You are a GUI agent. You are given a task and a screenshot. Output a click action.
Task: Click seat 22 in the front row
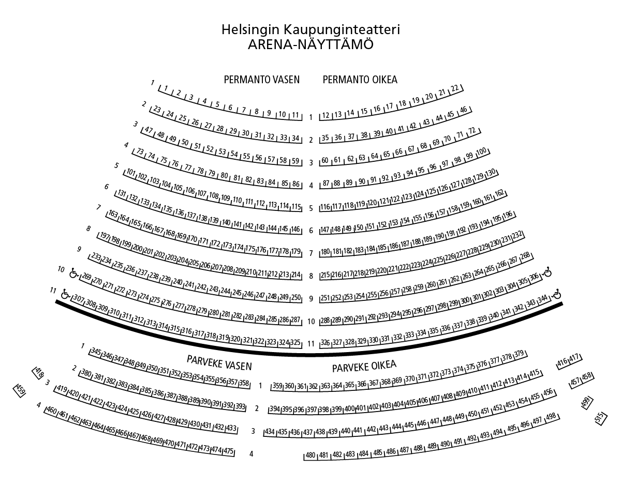point(455,88)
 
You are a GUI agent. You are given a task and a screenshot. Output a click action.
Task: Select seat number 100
point(481,151)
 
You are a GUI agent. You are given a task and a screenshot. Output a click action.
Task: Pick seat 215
point(326,275)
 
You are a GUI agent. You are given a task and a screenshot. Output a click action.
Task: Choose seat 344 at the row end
point(543,300)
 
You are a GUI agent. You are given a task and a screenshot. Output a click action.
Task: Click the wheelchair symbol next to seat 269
point(74,272)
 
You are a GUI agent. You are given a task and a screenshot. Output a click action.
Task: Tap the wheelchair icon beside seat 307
point(65,294)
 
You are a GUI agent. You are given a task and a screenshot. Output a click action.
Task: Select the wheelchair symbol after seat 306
point(548,272)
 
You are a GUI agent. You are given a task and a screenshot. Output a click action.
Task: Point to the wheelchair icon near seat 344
point(557,294)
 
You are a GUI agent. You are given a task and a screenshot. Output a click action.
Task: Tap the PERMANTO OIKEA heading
point(360,80)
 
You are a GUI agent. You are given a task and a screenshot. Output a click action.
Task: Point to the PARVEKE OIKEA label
point(364,367)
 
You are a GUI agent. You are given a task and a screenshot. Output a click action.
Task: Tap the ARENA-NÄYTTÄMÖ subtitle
point(310,44)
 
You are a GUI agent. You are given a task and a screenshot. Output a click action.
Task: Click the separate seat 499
point(586,403)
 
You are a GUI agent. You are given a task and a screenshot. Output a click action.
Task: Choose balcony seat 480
point(310,456)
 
